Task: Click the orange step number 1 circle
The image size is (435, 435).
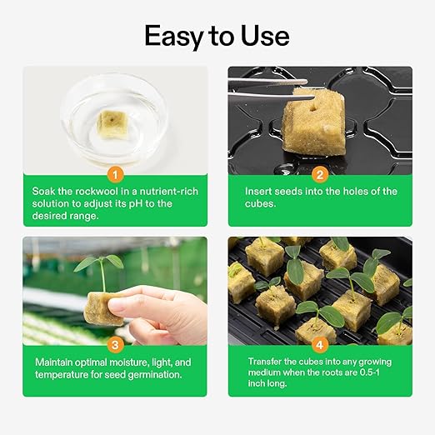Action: tap(116, 175)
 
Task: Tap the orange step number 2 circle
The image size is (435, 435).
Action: tap(319, 175)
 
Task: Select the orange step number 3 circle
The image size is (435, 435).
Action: tap(116, 343)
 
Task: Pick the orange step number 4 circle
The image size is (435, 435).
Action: tap(319, 343)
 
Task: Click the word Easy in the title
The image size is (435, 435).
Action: tap(175, 36)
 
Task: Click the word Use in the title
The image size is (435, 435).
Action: tap(264, 36)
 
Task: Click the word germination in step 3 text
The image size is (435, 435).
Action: tap(152, 375)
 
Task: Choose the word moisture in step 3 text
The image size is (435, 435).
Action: tap(117, 362)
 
